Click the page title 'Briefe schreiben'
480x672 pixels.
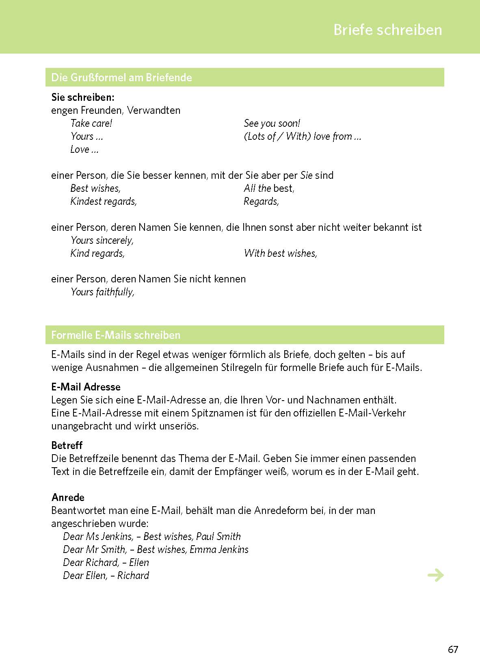coord(387,30)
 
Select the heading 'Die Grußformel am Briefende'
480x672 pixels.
coord(121,78)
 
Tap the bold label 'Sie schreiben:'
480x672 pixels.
coord(83,98)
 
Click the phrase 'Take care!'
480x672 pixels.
coord(91,124)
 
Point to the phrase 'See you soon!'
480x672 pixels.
coord(272,124)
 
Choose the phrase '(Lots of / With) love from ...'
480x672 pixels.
coord(302,137)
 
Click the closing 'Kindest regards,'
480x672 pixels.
coord(104,202)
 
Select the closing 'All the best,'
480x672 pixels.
coord(269,189)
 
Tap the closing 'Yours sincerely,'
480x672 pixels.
coord(102,241)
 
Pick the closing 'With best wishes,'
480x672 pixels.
coord(280,254)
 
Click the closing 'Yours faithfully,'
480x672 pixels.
coord(102,292)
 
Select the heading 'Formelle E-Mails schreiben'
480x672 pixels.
coord(116,335)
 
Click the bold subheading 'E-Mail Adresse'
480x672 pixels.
coord(86,387)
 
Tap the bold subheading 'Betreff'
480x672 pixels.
coord(67,445)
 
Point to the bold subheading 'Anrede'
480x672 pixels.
coord(68,497)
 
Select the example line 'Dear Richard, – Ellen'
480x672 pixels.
coord(106,563)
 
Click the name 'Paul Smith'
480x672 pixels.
coord(218,537)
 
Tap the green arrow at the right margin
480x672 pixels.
coord(436,575)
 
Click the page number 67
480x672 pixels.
coord(453,650)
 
